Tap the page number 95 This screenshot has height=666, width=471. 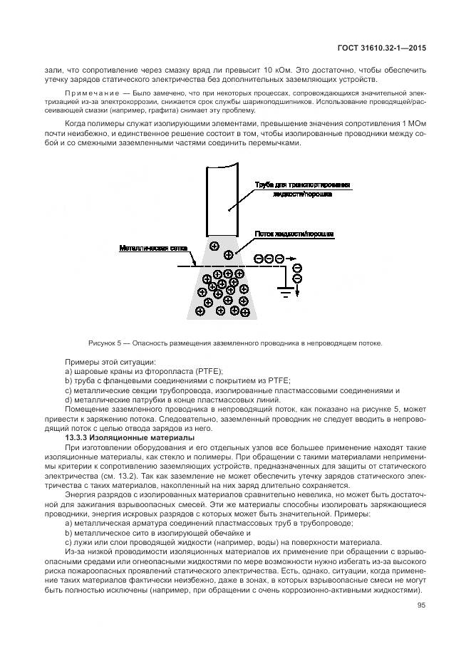click(421, 606)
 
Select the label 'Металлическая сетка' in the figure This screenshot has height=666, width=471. click(153, 248)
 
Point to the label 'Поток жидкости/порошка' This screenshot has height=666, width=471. click(294, 234)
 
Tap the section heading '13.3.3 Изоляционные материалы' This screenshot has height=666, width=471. click(125, 437)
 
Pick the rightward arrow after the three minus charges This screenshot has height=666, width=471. click(290, 259)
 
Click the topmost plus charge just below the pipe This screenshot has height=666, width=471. click(213, 246)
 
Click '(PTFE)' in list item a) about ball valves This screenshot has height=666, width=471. click(207, 372)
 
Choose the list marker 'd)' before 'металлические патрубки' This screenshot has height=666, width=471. click(68, 400)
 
